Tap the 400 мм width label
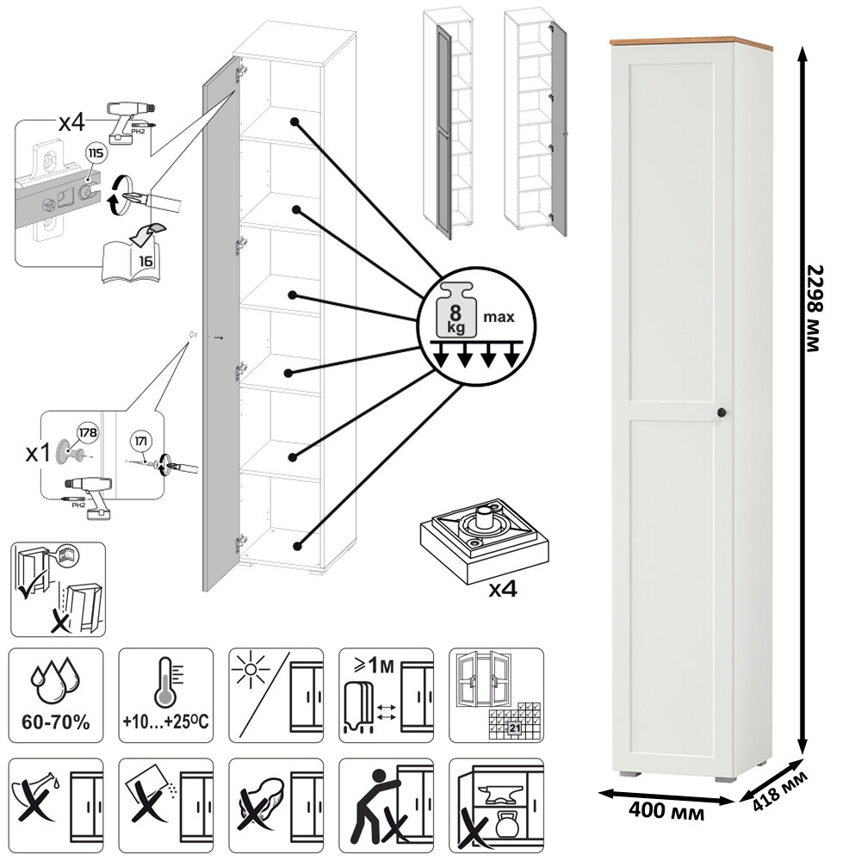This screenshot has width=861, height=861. click(x=663, y=811)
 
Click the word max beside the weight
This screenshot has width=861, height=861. click(x=499, y=317)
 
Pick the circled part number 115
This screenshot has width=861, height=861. click(x=95, y=155)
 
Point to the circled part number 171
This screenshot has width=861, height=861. click(x=142, y=443)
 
